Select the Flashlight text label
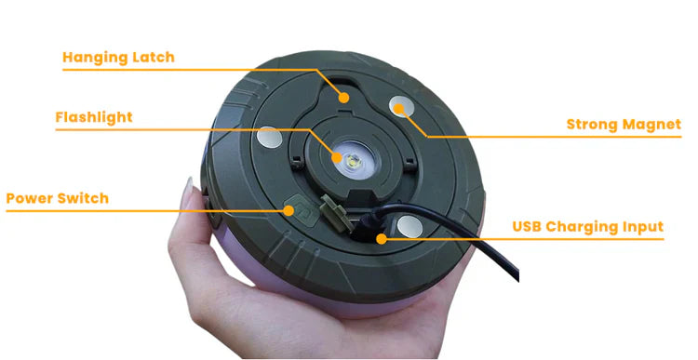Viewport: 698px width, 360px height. pyautogui.click(x=94, y=117)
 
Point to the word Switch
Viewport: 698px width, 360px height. pyautogui.click(x=85, y=198)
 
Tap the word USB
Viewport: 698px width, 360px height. pyautogui.click(x=527, y=226)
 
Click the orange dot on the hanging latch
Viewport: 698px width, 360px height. pyautogui.click(x=343, y=98)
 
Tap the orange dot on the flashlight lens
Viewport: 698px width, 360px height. pyautogui.click(x=337, y=157)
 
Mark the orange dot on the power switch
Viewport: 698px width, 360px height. pyautogui.click(x=289, y=210)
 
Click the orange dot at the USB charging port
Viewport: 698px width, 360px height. pyautogui.click(x=381, y=239)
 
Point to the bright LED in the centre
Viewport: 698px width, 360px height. pyautogui.click(x=354, y=160)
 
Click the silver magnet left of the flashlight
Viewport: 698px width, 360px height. pyautogui.click(x=269, y=138)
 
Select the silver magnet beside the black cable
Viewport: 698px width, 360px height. pyautogui.click(x=409, y=226)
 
